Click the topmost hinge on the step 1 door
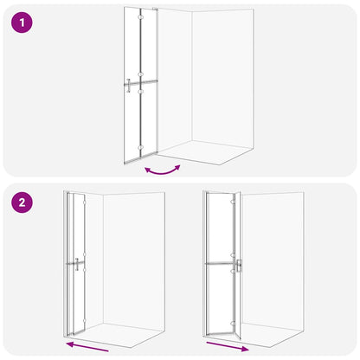pos(140,20)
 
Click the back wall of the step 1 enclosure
pos(222,78)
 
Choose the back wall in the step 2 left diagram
pos(133,260)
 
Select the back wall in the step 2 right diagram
pos(275,260)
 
